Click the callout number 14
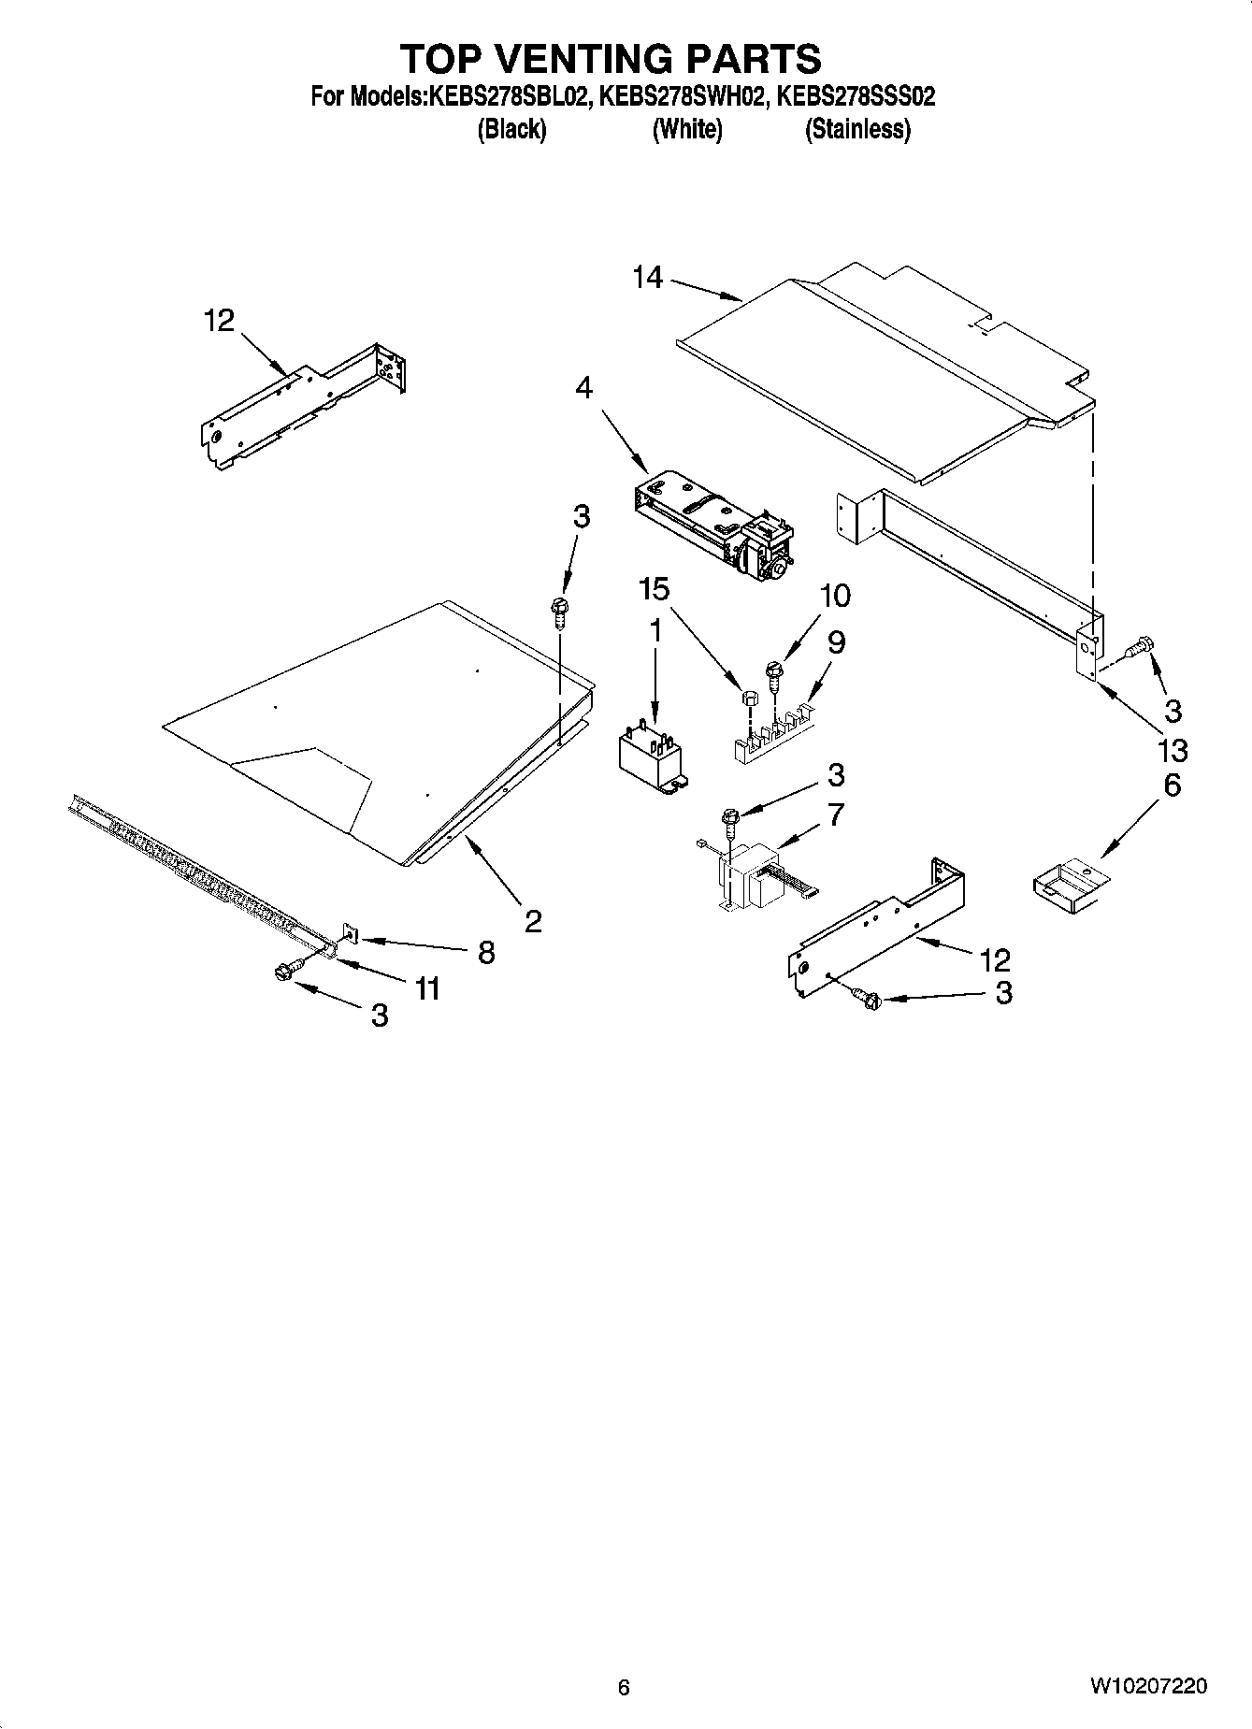point(647,278)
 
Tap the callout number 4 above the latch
point(583,387)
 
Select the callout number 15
point(655,589)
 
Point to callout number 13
point(1172,750)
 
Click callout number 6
point(1172,785)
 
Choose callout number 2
point(533,922)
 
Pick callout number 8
point(486,952)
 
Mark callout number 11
point(427,988)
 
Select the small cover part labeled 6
point(1068,886)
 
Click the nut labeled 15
point(748,698)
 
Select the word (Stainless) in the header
point(857,129)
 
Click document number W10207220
point(1147,1686)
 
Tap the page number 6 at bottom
point(624,1687)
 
